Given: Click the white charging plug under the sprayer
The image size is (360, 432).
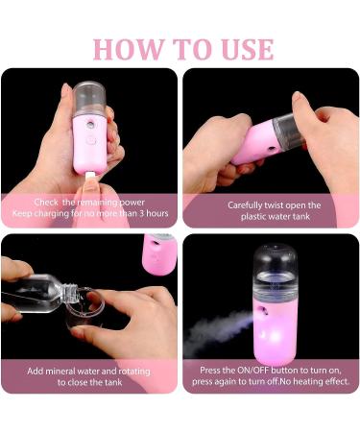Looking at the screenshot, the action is [90, 177].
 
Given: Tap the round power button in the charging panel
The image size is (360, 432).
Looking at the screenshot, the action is [91, 140].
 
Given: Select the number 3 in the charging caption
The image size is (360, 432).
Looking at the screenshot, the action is [141, 213].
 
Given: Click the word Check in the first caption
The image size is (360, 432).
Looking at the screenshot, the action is [46, 203].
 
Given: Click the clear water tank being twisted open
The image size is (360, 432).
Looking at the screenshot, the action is [288, 132].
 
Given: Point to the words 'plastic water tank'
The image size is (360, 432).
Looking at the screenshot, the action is [276, 216].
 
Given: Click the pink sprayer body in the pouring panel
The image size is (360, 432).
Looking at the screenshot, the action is [159, 254].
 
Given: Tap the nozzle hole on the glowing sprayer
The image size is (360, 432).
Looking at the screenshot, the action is [263, 310].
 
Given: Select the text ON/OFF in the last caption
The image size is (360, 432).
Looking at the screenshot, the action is [252, 371].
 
